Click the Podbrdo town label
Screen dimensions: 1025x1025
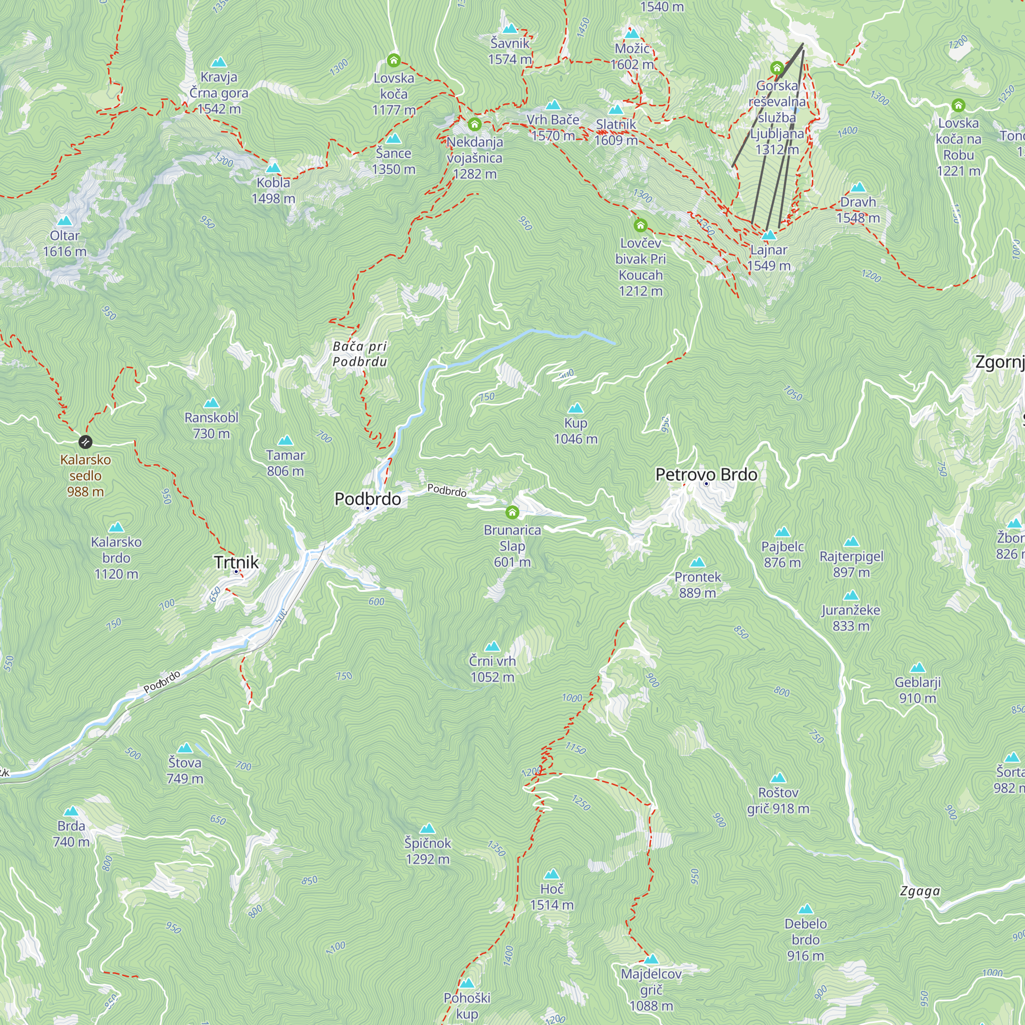pos(367,499)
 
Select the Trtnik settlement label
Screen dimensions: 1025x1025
pos(236,562)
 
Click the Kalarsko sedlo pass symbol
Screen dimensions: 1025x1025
pos(85,441)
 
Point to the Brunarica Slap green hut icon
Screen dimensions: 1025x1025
pos(512,512)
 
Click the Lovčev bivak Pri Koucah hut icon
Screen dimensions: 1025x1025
pos(640,225)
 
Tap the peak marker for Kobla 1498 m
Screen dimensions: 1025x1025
pos(273,168)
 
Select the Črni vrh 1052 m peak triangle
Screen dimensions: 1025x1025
pos(493,646)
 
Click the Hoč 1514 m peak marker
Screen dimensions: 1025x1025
pos(552,874)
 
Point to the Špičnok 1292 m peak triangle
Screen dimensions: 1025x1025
pos(427,829)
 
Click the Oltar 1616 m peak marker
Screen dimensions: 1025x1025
pos(65,221)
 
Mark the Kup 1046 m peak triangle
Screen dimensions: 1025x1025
pos(576,408)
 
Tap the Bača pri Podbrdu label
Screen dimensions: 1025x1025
pos(360,354)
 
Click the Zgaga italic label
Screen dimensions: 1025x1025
pos(920,891)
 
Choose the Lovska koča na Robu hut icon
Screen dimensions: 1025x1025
pos(958,105)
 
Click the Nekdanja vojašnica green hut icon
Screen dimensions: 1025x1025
pos(474,125)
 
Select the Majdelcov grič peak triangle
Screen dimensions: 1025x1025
pos(651,959)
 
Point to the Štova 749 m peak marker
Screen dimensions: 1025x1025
pos(184,748)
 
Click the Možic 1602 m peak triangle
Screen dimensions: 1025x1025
pos(632,34)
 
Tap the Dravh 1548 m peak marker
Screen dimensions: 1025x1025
pos(858,187)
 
